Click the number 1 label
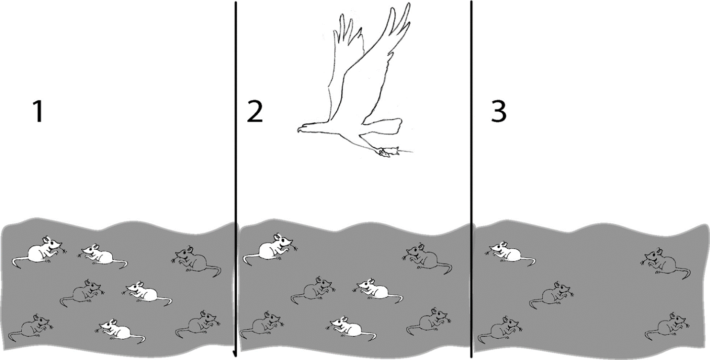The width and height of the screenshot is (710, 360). tap(38, 112)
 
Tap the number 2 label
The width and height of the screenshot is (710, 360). tap(254, 112)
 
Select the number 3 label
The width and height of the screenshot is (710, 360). tap(499, 112)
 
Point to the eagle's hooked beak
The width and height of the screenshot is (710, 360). tap(299, 129)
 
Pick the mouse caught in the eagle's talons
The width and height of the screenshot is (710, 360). tap(389, 152)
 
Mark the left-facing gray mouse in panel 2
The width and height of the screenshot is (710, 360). tap(427, 259)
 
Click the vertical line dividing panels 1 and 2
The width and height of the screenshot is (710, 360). tap(236, 179)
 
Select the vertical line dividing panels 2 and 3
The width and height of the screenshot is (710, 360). tap(471, 179)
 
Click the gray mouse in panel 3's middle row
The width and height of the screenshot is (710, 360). tap(551, 295)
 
